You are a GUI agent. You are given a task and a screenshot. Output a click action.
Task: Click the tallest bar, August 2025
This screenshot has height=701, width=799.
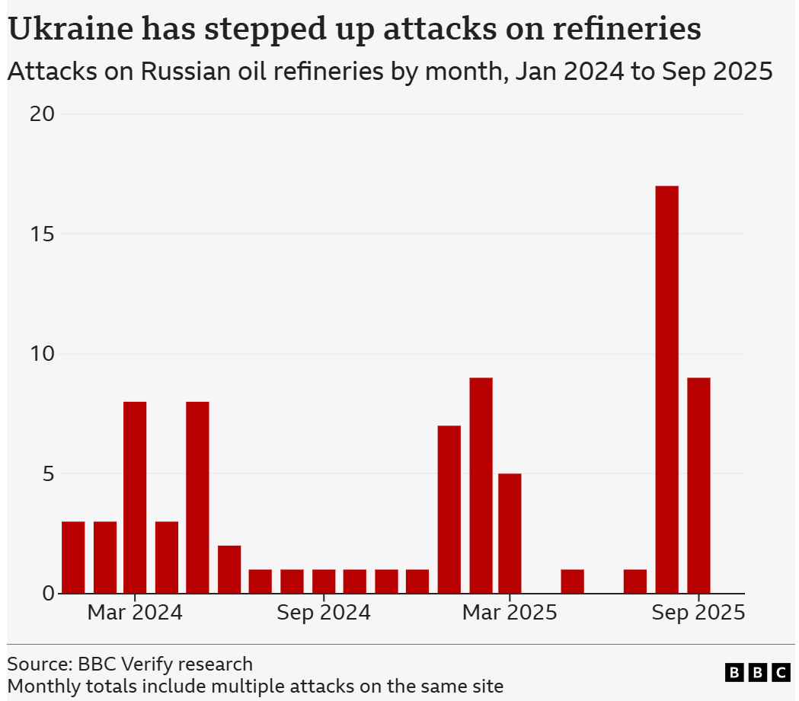point(666,390)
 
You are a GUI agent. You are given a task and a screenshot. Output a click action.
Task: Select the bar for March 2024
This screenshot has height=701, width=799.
point(135,497)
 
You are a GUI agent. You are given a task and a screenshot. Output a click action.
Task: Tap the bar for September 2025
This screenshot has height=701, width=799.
point(698,486)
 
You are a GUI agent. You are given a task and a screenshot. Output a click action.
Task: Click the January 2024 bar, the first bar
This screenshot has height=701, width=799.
point(73,557)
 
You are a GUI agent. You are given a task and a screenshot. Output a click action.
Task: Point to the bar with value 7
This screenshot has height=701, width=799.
point(449,509)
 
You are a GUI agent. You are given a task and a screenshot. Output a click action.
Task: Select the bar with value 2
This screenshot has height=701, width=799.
point(229,569)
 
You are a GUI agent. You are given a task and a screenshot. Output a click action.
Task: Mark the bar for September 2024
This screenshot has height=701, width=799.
point(324,582)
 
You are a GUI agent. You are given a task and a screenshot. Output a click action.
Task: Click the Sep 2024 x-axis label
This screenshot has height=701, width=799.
point(324,613)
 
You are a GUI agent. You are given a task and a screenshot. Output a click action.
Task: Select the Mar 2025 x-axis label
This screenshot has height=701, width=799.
point(510,613)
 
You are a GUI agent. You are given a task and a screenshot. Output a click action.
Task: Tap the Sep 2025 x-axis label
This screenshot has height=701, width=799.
point(698,613)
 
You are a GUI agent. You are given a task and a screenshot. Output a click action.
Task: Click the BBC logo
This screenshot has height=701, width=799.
point(758,672)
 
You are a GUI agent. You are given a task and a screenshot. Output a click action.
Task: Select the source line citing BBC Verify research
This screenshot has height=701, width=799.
point(129,664)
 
